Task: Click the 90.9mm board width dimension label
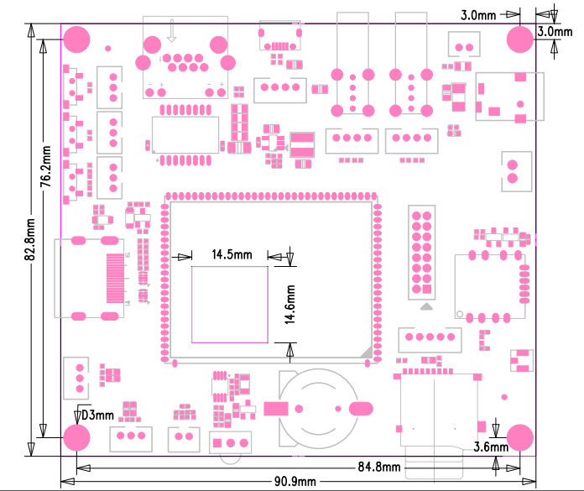294,481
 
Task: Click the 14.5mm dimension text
232,253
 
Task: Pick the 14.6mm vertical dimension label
289,304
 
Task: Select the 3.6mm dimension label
491,447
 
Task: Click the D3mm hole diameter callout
96,415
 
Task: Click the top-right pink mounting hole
520,39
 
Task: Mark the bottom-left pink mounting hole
76,437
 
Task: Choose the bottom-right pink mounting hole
520,437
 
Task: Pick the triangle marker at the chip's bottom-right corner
367,353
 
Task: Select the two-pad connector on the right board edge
512,170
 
